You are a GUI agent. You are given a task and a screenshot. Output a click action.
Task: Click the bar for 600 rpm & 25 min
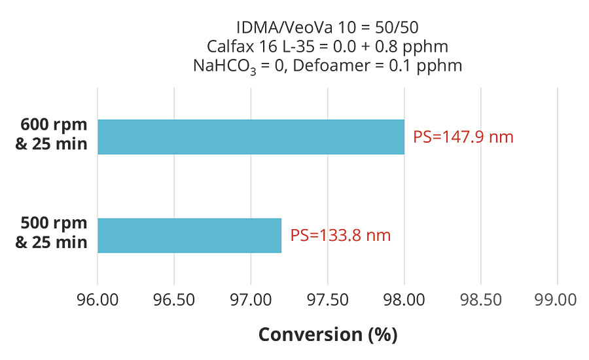[x=251, y=137]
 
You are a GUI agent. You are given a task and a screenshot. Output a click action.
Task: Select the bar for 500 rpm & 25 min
[x=189, y=235]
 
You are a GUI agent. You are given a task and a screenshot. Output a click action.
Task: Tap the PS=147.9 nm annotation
[x=463, y=137]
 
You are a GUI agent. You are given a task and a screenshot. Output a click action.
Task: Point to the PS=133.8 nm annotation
[x=340, y=236]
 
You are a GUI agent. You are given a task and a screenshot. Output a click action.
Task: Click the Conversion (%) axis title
[x=327, y=334]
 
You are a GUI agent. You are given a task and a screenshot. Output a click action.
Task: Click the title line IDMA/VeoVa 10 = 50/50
[x=327, y=27]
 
